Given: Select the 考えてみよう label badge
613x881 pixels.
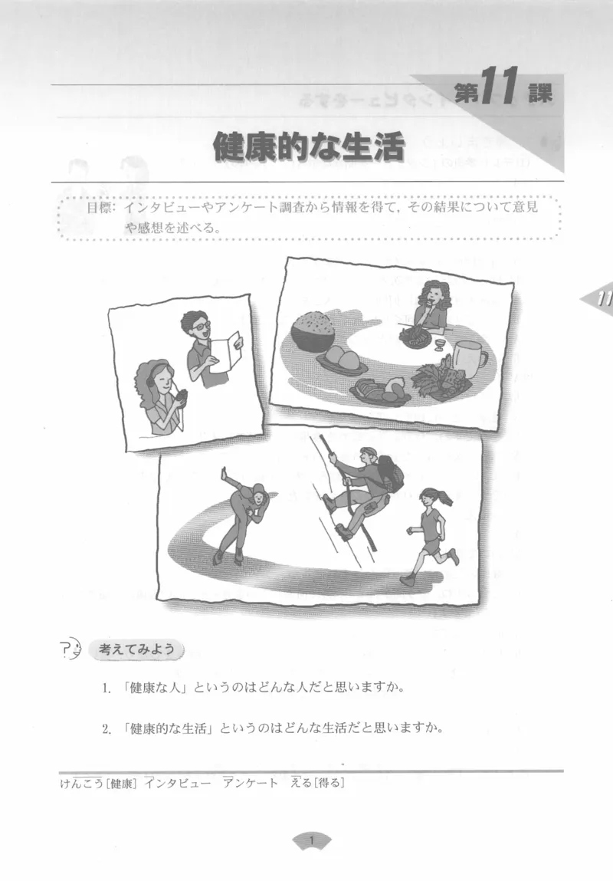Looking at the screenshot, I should (x=137, y=649).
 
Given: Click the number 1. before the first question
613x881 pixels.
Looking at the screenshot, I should (x=108, y=688).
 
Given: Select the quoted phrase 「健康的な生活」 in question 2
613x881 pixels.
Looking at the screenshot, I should (x=166, y=728).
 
